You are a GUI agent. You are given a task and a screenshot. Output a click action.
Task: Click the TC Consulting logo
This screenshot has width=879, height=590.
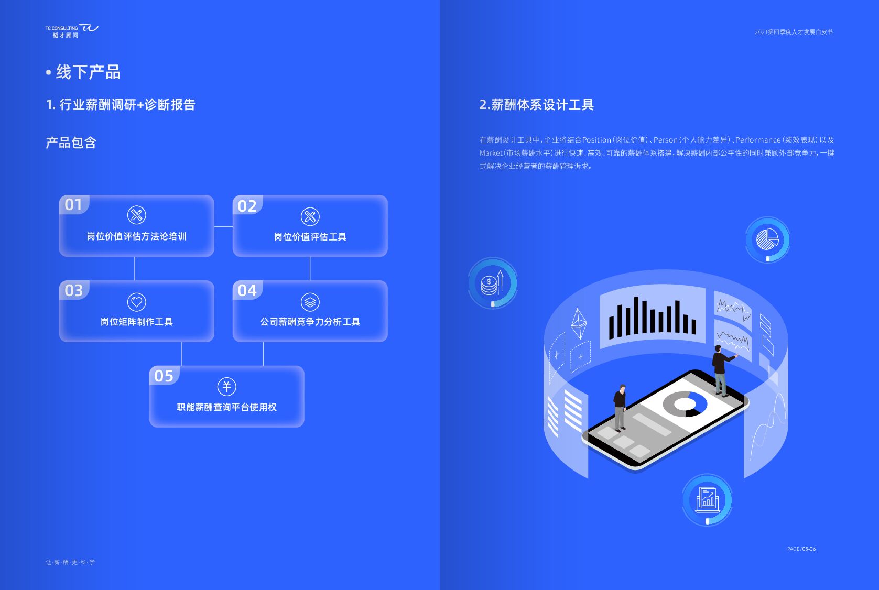click(71, 31)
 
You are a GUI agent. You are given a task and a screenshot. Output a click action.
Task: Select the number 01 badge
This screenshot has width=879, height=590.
click(74, 204)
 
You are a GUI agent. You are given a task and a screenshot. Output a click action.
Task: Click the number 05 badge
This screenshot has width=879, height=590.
click(164, 376)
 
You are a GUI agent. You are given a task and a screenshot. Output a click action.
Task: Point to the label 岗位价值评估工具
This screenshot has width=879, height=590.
click(310, 237)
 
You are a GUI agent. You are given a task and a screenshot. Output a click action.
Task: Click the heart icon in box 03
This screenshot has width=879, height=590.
click(136, 302)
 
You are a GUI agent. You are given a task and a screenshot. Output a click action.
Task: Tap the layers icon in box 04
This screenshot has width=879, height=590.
click(310, 302)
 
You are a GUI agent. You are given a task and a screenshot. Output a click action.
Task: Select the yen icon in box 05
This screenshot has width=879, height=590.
click(226, 387)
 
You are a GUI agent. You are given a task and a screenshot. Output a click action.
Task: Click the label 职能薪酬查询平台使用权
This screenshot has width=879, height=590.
click(226, 407)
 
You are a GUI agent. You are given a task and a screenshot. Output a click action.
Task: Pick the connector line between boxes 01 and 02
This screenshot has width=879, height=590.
click(223, 226)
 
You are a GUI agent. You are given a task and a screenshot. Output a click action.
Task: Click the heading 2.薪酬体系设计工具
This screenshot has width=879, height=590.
click(536, 105)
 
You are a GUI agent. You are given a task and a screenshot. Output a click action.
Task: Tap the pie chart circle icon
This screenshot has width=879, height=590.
click(767, 240)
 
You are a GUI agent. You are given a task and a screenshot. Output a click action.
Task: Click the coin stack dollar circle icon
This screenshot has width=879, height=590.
click(492, 283)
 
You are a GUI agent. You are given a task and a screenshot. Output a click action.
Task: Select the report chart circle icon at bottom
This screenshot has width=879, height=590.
click(707, 499)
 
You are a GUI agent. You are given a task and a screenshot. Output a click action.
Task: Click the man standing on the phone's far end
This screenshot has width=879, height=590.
click(721, 369)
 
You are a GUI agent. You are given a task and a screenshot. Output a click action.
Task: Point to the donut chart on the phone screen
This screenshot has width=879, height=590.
click(685, 404)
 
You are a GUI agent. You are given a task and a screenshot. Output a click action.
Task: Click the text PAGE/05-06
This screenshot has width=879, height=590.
click(801, 549)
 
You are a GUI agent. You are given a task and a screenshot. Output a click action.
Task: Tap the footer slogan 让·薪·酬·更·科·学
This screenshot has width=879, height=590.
click(70, 562)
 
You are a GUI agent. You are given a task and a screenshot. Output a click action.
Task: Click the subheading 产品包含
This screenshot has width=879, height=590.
click(71, 143)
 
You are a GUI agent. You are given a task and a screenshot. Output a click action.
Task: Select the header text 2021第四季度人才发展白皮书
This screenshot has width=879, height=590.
click(794, 32)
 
